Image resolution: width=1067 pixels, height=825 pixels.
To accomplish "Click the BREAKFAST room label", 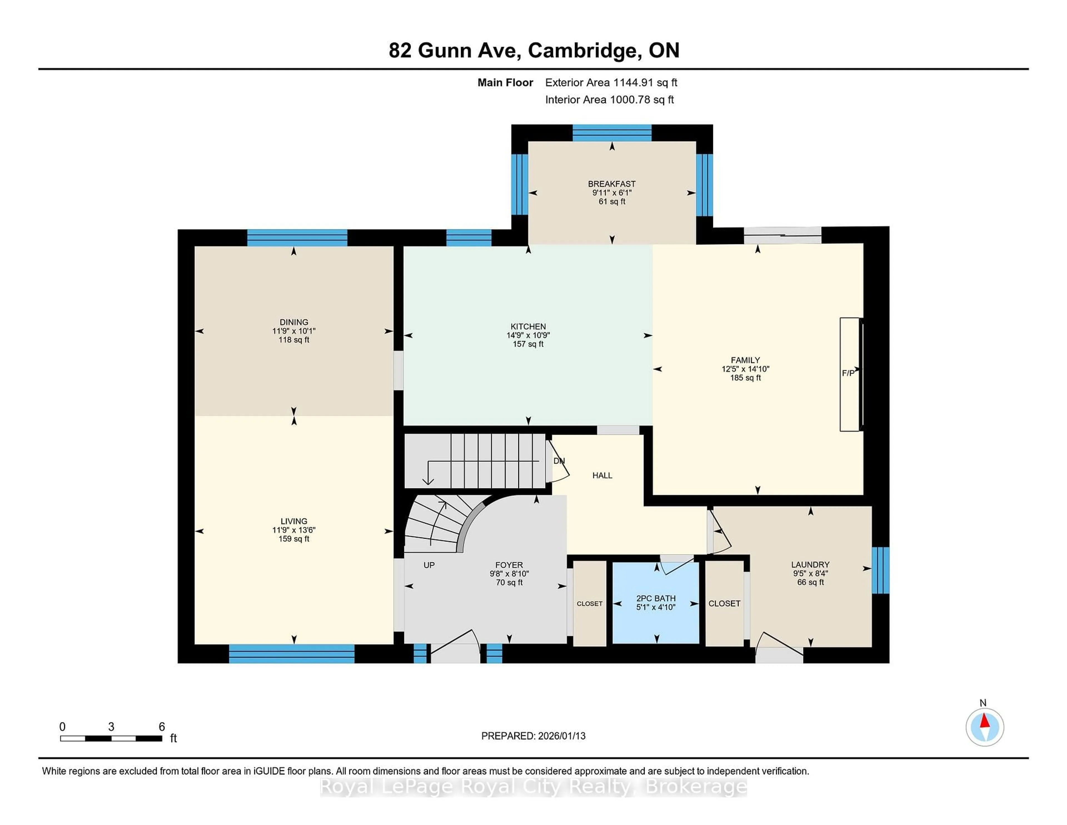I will pos(612,184).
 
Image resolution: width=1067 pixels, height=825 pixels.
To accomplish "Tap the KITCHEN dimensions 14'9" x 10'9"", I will pos(528,335).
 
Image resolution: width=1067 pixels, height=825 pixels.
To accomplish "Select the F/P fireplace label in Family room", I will pos(848,373).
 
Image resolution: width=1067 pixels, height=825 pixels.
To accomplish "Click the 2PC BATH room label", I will pos(656,598).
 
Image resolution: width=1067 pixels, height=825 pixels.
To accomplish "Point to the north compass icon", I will pos(984,727).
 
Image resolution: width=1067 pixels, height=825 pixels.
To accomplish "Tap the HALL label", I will pos(602,475).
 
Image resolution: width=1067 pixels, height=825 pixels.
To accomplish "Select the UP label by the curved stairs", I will pos(429,565).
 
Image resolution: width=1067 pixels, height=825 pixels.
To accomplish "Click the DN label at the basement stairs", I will pos(559,461).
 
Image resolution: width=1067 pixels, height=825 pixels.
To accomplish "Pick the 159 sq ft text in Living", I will pos(294,539).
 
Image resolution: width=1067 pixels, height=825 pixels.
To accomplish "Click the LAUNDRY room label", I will pos(810,565).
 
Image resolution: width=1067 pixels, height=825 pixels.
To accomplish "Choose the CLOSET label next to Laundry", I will pos(724,603).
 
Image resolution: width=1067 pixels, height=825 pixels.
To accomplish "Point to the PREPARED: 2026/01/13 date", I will pos(533,735).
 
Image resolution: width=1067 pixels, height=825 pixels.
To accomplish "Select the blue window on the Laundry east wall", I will pos(880,570).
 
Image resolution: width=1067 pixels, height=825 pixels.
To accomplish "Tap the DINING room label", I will pos(294,322).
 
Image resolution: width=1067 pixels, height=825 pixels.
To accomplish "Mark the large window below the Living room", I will pos(292,653).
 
